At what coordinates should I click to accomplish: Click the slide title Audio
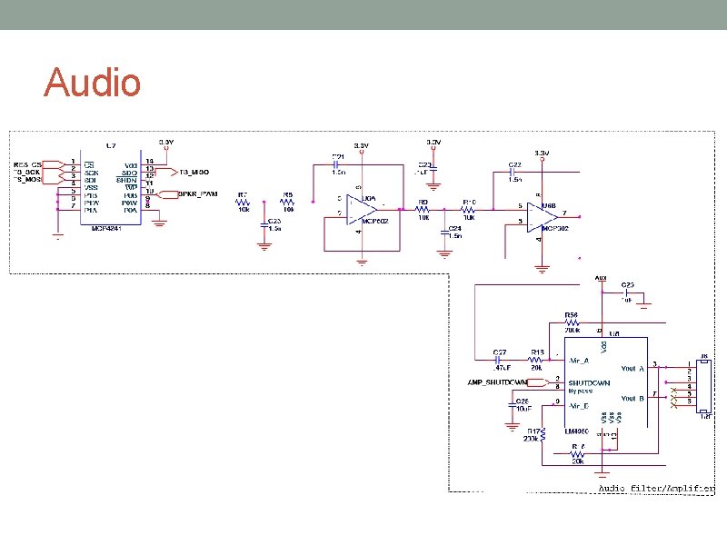[x=92, y=83]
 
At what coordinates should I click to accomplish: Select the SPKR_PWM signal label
[x=197, y=193]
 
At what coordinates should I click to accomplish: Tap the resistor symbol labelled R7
[x=243, y=204]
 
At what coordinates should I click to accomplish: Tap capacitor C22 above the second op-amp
[x=514, y=170]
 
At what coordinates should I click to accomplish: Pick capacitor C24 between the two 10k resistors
[x=445, y=231]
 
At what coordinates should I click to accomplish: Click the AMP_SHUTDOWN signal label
[x=497, y=381]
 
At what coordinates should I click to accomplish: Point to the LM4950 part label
[x=578, y=431]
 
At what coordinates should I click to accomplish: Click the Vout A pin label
[x=632, y=369]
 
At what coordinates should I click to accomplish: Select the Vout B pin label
[x=632, y=399]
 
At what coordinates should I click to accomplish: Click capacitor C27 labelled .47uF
[x=500, y=359]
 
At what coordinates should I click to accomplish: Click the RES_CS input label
[x=26, y=163]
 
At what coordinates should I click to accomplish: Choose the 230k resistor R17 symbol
[x=543, y=437]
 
